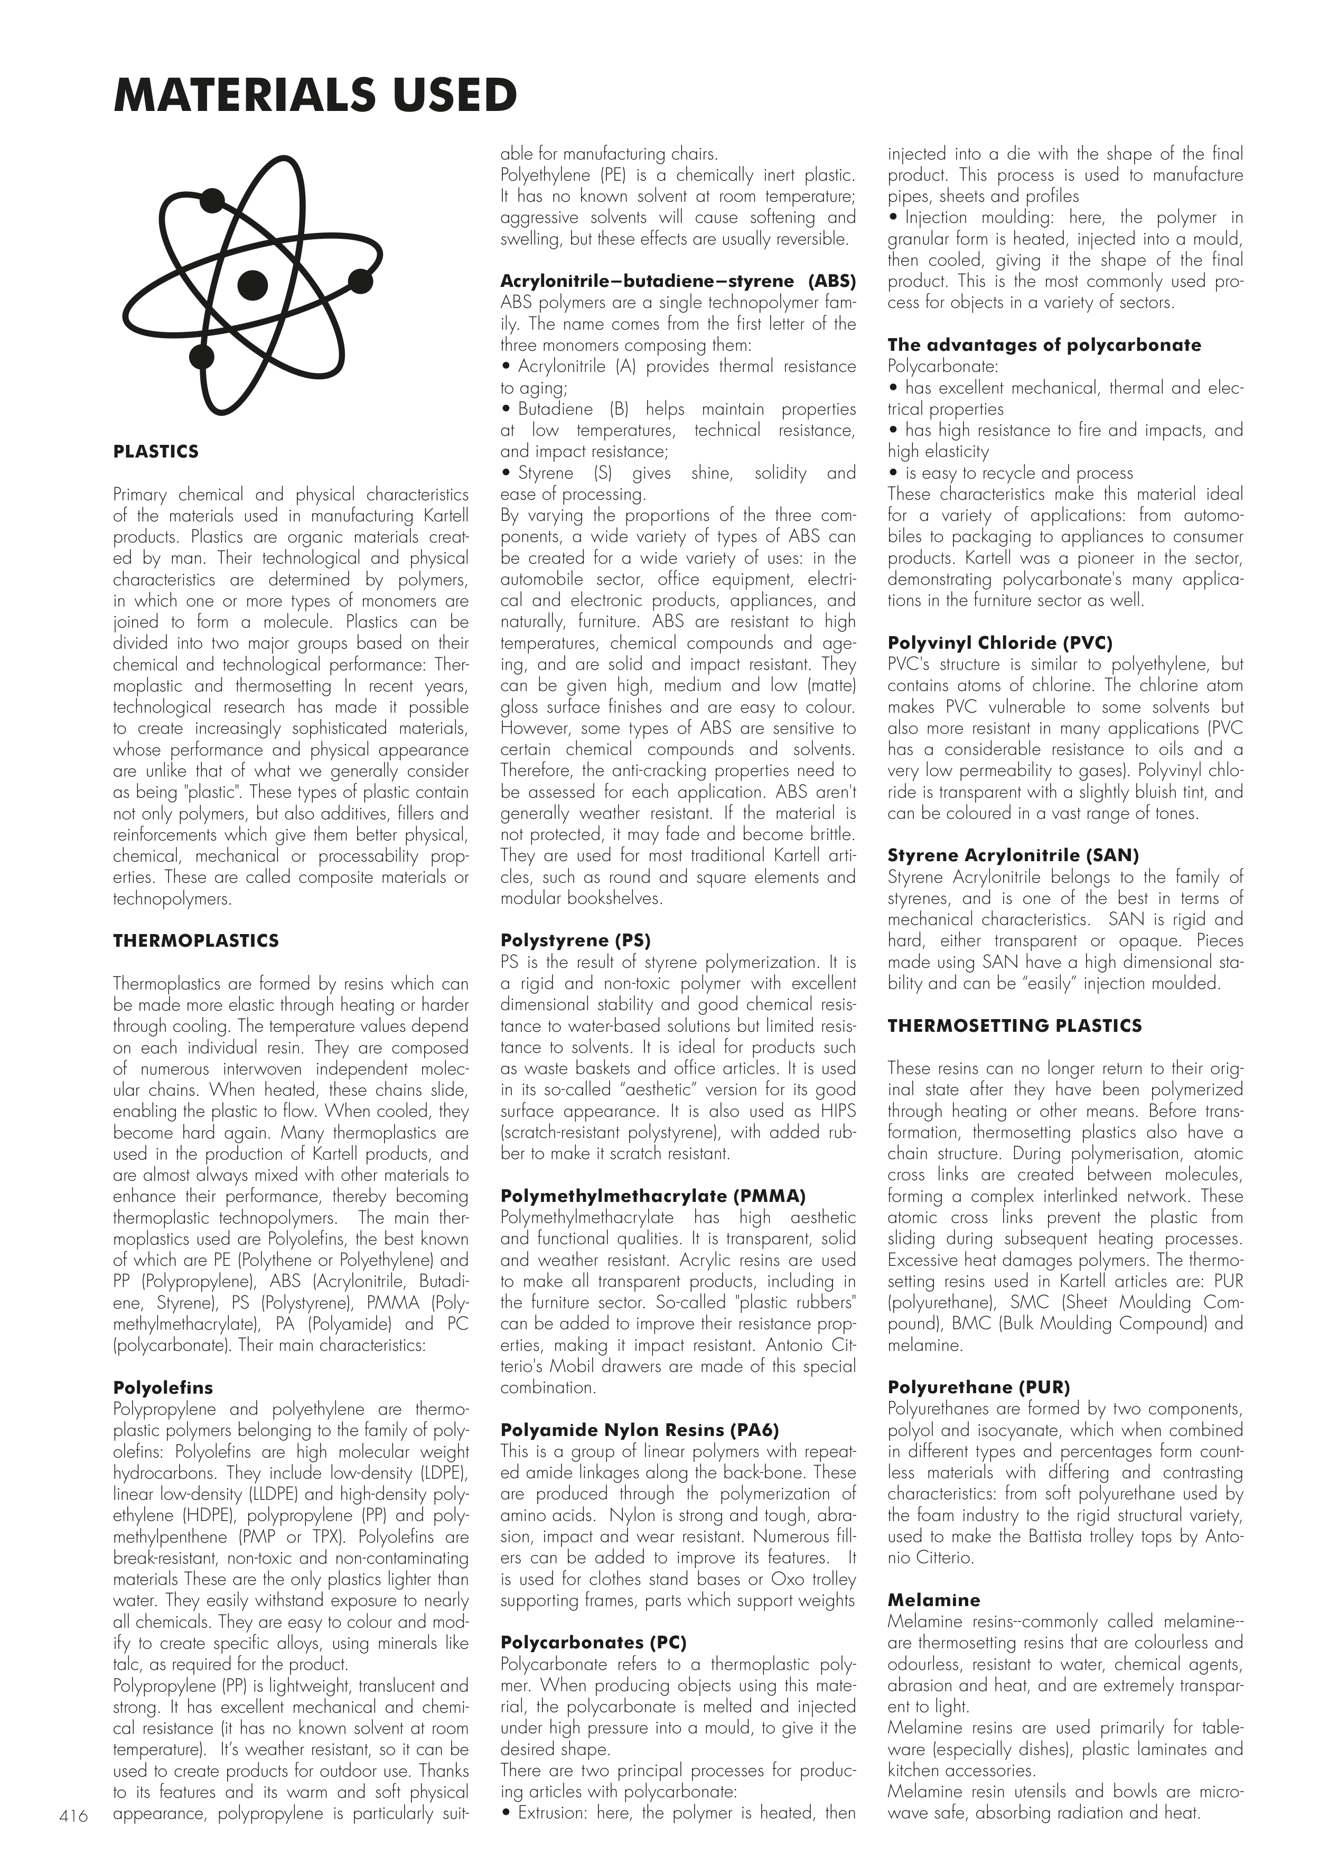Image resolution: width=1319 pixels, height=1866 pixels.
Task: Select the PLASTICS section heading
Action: [156, 452]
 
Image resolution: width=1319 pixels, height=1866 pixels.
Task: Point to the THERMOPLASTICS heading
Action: [196, 941]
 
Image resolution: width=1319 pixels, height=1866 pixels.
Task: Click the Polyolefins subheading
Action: [163, 1387]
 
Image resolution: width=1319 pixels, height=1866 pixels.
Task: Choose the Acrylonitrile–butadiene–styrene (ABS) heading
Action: [678, 281]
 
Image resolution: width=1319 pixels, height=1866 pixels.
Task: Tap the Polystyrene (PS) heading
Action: [575, 941]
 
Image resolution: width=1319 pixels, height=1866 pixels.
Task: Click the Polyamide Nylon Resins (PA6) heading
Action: [640, 1430]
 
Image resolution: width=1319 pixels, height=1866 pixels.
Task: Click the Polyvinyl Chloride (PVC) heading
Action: [999, 643]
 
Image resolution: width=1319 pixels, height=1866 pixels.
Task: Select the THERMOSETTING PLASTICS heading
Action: [1014, 1025]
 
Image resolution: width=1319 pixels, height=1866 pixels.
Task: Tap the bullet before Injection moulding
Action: [893, 218]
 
